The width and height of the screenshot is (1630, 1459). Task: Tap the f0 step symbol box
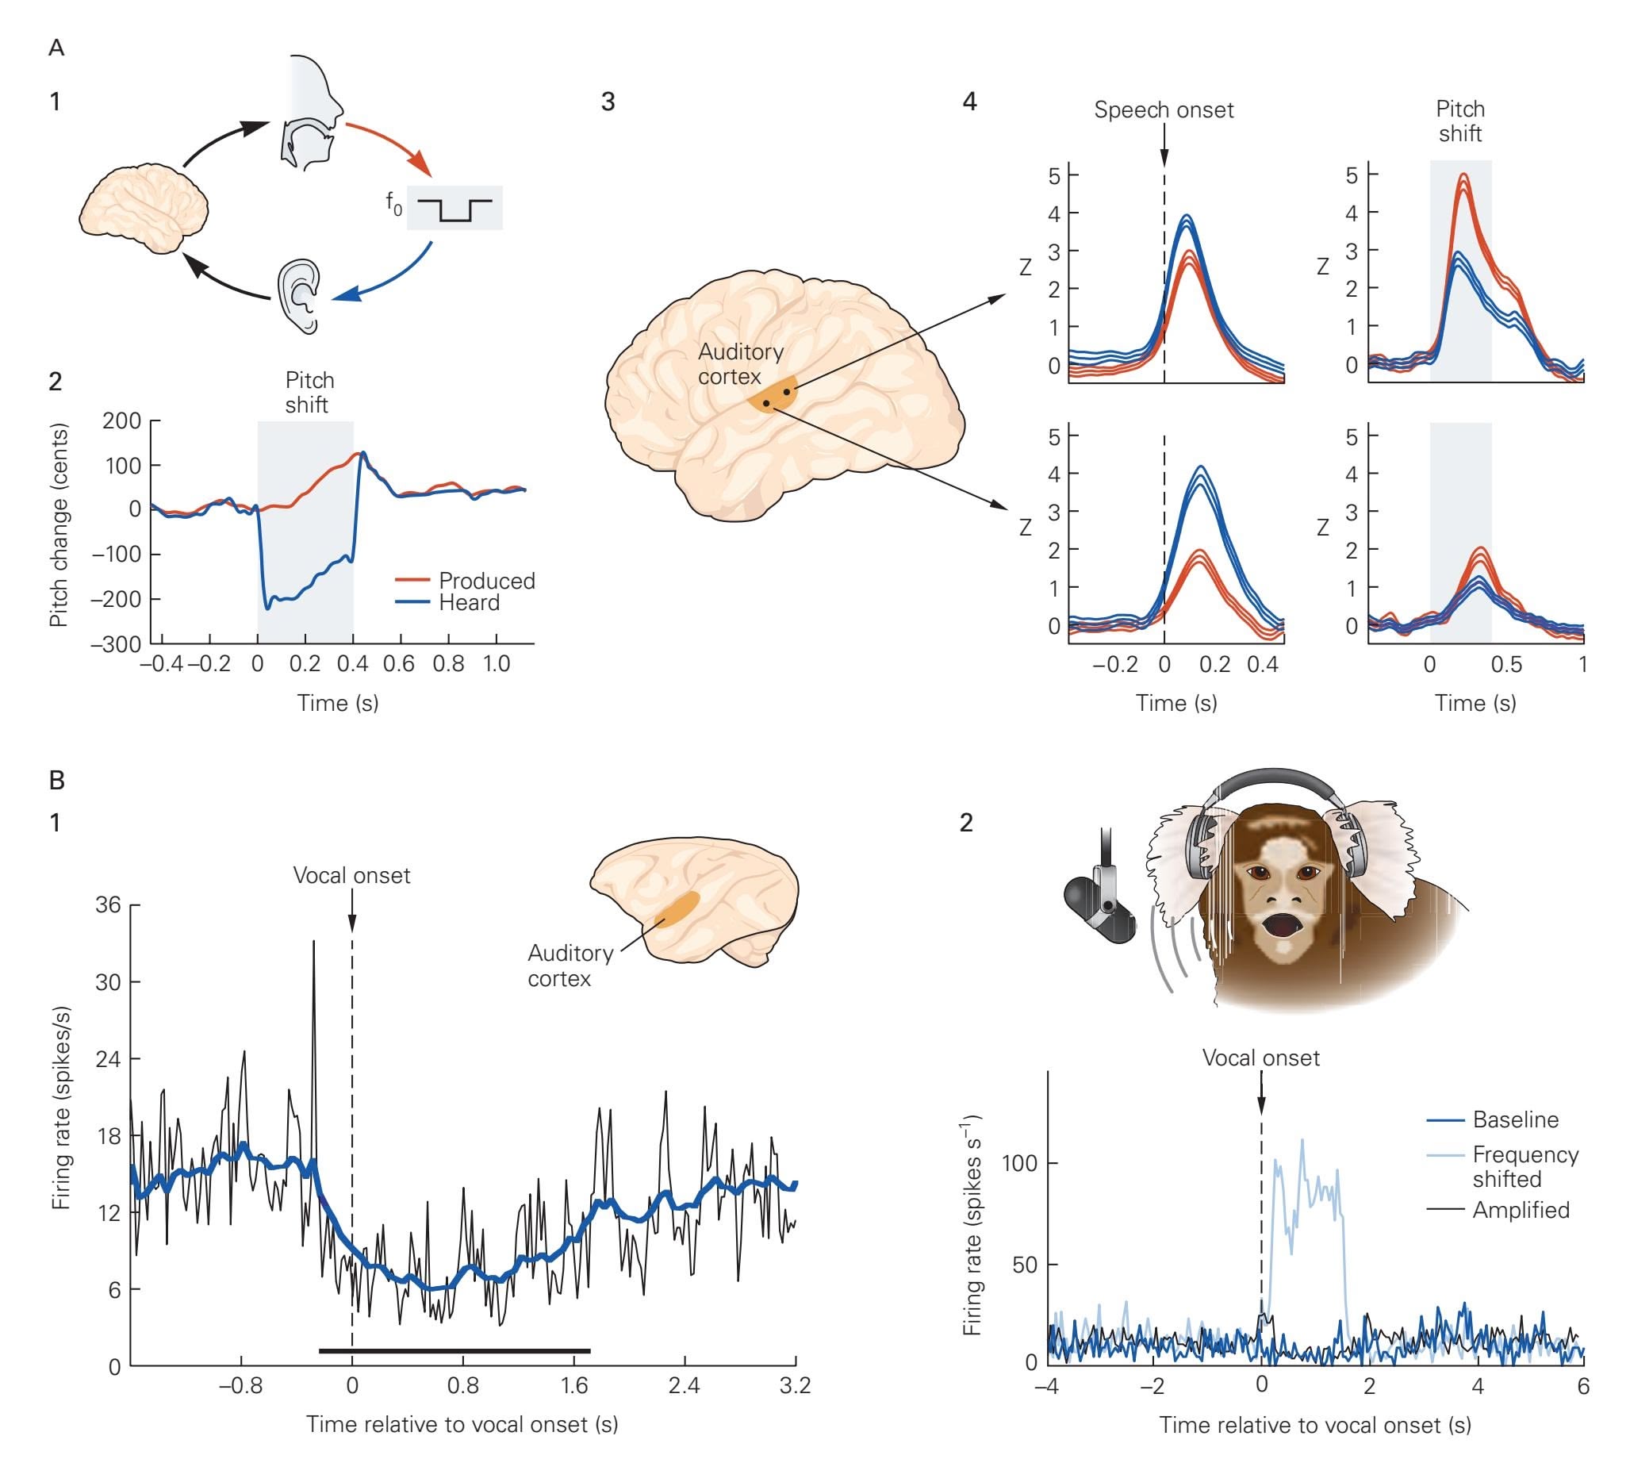454,208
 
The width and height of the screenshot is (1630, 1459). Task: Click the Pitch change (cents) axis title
59,525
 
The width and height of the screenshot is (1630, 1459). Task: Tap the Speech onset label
1164,109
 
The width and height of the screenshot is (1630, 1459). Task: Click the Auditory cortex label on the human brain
740,364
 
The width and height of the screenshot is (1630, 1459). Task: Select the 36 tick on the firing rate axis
108,905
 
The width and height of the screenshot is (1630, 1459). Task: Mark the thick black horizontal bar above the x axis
454,1351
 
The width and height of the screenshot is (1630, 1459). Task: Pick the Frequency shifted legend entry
1525,1166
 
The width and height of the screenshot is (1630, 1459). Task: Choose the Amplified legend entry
1521,1210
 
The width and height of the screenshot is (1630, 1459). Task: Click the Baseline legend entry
1516,1119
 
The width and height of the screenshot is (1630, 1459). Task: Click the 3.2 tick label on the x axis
795,1385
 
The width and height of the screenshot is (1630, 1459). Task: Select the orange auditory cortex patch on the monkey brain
677,910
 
